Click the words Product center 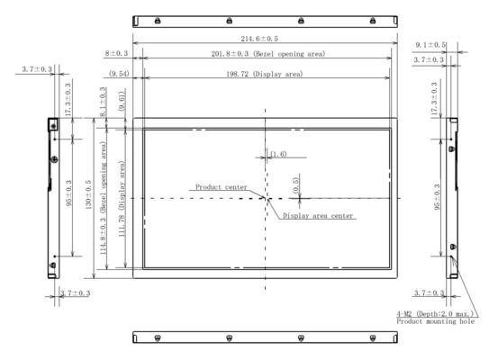222,187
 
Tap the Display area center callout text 318,216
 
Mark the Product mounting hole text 434,321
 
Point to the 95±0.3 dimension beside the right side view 437,197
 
